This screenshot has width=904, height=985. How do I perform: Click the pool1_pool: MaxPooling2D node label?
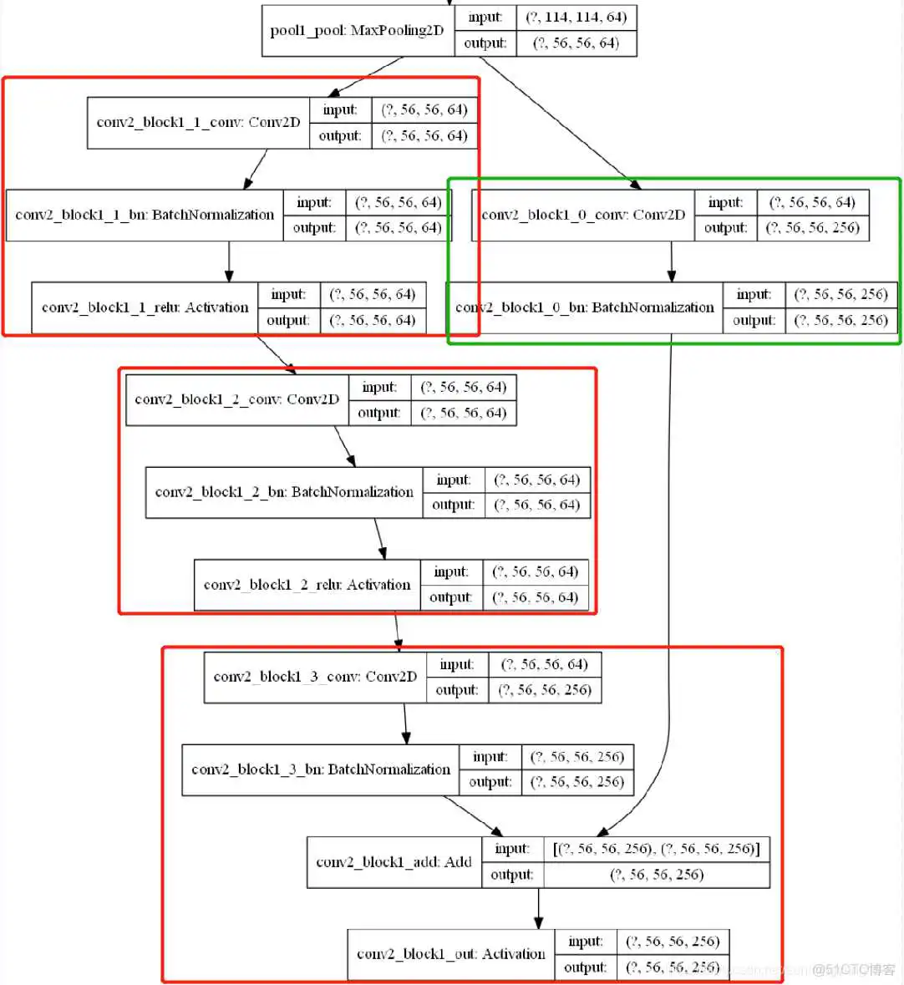[357, 31]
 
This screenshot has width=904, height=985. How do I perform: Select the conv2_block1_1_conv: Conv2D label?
[198, 123]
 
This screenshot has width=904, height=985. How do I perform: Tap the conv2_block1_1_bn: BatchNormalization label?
[145, 215]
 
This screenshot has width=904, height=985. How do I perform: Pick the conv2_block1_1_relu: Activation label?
[145, 307]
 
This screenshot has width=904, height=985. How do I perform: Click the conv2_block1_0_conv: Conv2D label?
[583, 215]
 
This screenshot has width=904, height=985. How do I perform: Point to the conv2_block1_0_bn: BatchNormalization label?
[584, 307]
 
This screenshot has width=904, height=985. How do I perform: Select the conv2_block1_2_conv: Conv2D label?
[236, 399]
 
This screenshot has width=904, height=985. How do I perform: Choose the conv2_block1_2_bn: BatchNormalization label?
[284, 492]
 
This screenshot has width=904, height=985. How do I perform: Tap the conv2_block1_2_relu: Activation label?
[307, 585]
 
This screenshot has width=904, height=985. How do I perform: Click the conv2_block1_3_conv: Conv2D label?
[315, 677]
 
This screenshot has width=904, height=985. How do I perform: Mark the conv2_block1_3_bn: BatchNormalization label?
[320, 769]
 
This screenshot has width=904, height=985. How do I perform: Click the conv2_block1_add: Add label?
[394, 862]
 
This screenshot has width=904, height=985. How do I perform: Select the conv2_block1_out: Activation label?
[450, 954]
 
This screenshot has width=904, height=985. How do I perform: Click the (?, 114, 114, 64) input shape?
[576, 18]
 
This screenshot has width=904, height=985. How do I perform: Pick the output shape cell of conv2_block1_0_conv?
[812, 228]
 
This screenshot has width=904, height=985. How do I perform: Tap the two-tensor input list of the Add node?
[656, 849]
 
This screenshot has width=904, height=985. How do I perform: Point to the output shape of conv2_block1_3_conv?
[545, 690]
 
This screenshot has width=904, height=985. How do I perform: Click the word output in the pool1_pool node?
[485, 43]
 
